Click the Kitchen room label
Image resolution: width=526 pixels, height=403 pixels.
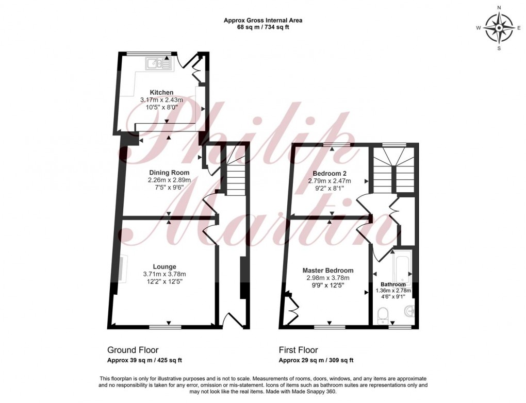point(161,92)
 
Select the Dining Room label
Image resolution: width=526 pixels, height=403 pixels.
point(169,173)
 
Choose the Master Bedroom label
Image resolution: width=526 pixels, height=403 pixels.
point(328,271)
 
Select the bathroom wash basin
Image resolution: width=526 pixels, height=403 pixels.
point(409,311)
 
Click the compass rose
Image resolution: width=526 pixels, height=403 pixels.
point(499,28)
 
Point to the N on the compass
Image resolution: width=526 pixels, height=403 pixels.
point(499,8)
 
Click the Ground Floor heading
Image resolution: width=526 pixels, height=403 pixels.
point(133,350)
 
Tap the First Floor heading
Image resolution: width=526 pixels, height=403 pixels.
point(299,350)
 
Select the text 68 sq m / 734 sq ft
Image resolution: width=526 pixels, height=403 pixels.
point(262,27)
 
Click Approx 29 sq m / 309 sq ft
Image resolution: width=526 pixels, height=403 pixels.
point(316,360)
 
